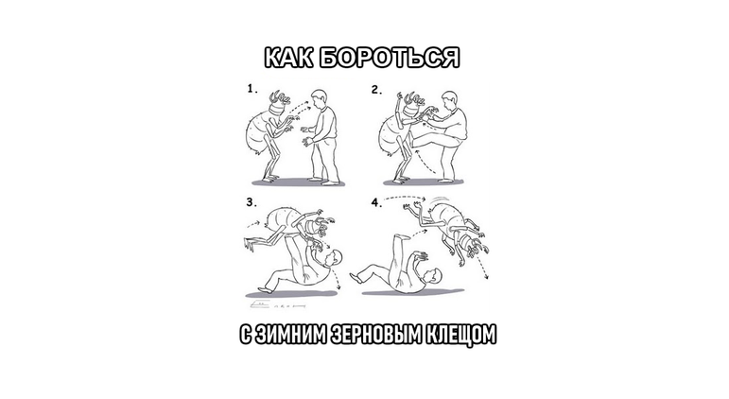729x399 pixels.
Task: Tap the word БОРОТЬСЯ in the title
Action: click(x=391, y=58)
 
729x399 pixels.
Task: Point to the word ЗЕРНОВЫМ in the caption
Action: click(x=375, y=335)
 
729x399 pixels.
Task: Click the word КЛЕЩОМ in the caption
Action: click(x=460, y=335)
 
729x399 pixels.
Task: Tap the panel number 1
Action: click(x=252, y=88)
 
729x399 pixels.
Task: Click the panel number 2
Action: click(x=376, y=90)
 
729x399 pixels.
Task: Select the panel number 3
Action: click(x=252, y=202)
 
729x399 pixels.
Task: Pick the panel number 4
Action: click(x=376, y=202)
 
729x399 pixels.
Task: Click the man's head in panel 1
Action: click(x=319, y=98)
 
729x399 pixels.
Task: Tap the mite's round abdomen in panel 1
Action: click(x=256, y=132)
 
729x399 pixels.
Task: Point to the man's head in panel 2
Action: click(x=449, y=100)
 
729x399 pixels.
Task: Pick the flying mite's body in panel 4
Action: click(x=447, y=217)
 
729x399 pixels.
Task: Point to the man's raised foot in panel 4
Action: click(x=398, y=237)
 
